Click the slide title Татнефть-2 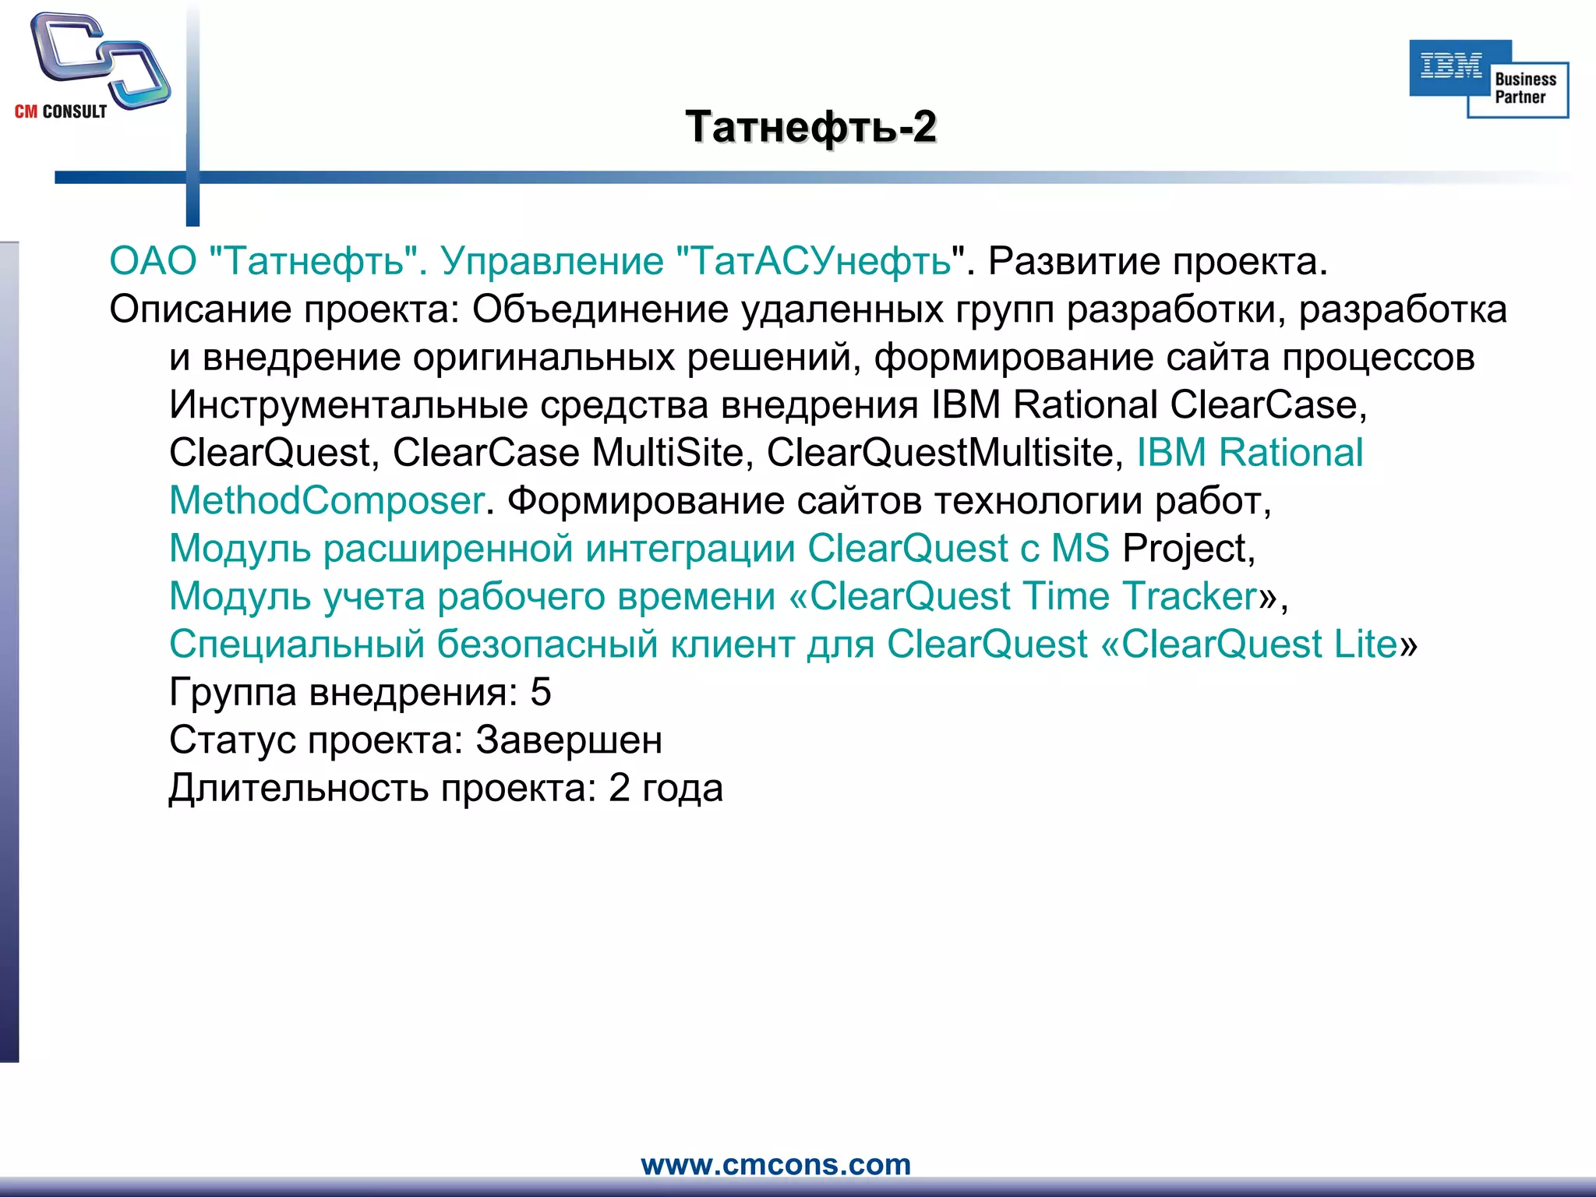click(810, 127)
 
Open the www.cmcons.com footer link click(775, 1164)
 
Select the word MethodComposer click(327, 501)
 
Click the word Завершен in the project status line click(569, 740)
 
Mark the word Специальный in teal click(297, 644)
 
